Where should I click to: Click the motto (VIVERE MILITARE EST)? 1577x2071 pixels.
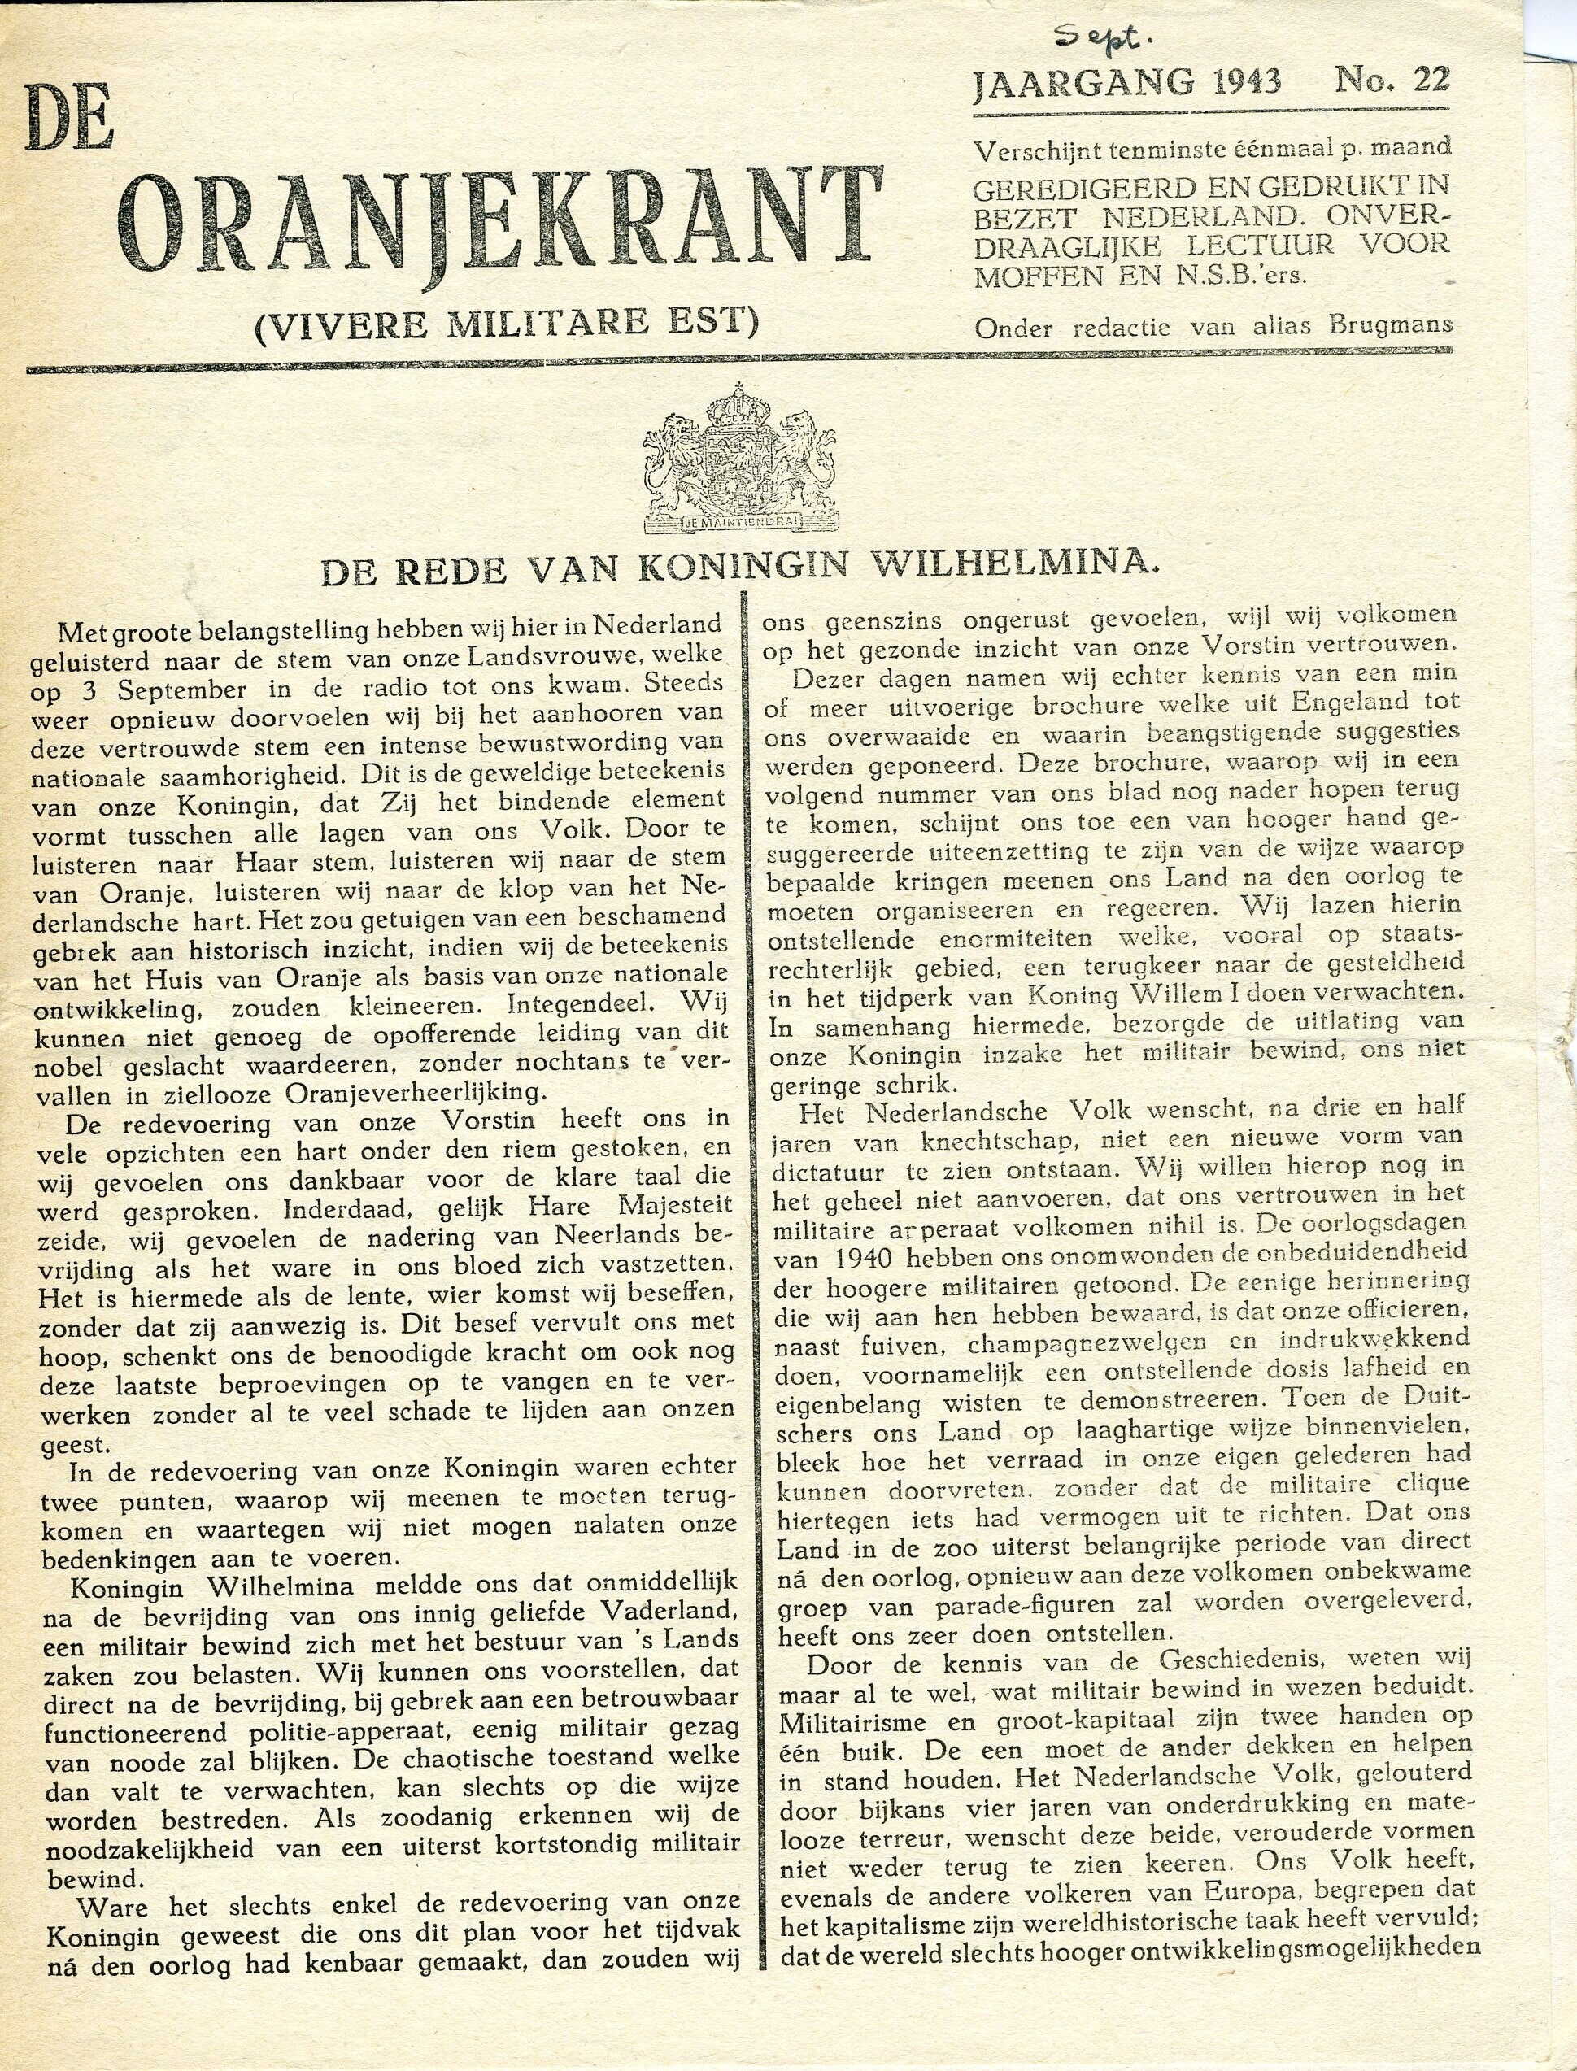[506, 324]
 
